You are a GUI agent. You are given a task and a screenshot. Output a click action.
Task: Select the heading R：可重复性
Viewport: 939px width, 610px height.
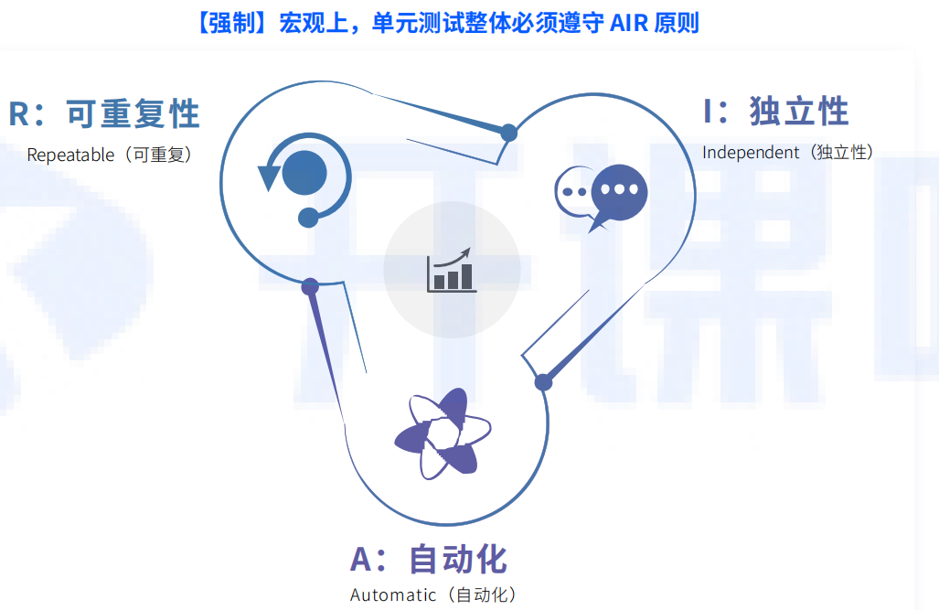tap(104, 114)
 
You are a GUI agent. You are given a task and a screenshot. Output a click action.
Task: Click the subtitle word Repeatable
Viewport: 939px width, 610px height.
tap(70, 155)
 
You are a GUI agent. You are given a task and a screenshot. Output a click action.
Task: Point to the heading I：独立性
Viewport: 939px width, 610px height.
tap(776, 112)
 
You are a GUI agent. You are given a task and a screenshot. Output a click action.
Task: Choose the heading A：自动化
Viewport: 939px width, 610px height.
tap(429, 559)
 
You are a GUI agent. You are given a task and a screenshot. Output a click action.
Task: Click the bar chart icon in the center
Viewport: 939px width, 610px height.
tap(451, 270)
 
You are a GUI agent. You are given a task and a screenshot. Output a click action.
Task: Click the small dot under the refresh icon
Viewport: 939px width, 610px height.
tap(308, 218)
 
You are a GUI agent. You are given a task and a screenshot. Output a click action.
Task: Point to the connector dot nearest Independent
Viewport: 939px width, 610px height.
tap(509, 133)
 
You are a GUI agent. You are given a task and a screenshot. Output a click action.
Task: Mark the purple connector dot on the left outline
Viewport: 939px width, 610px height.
tap(310, 286)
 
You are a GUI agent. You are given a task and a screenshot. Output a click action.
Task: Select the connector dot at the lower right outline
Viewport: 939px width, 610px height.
tap(543, 382)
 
